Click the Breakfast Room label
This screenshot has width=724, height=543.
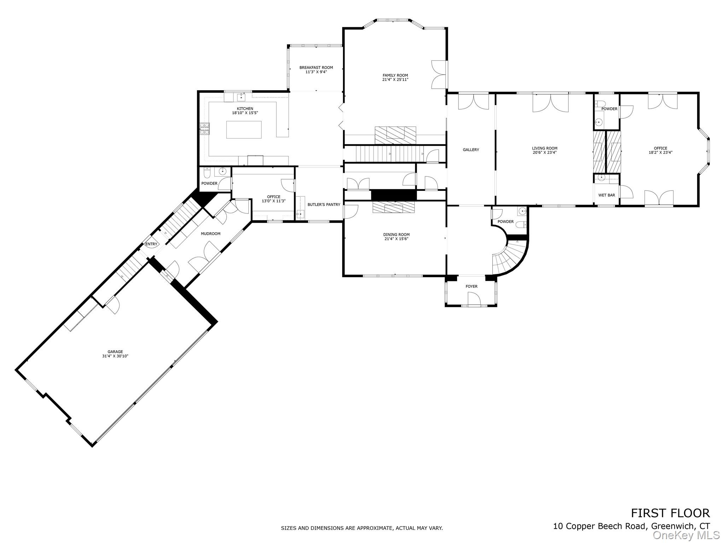point(316,68)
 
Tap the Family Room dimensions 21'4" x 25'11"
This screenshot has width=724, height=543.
point(395,80)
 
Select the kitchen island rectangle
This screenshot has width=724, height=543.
point(244,129)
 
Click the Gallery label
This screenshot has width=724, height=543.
point(471,150)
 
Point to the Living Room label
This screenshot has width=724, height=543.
point(544,148)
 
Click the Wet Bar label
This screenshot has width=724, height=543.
point(606,195)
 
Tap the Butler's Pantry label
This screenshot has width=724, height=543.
point(323,205)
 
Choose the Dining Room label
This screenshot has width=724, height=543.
point(396,235)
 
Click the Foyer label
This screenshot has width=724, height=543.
point(471,286)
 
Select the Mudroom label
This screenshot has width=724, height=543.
point(210,234)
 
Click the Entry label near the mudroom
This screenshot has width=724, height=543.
point(151,244)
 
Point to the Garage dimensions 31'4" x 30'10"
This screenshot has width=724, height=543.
point(115,356)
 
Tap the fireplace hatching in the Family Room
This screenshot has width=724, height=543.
point(395,135)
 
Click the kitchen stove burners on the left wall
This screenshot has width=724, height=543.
point(205,129)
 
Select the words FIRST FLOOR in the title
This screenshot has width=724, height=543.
point(670,513)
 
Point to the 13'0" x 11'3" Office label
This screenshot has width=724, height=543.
point(273,201)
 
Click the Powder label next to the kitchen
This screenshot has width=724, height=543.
point(209,183)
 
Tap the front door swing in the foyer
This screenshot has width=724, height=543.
point(474,300)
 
